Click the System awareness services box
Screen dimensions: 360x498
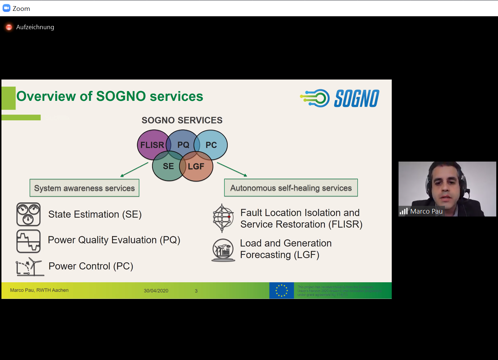pyautogui.click(x=84, y=188)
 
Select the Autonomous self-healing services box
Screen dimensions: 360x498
pyautogui.click(x=291, y=188)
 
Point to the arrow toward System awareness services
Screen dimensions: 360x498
pyautogui.click(x=134, y=170)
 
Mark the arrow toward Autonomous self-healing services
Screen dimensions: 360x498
pyautogui.click(x=232, y=170)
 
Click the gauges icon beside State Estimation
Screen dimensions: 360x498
pyautogui.click(x=28, y=214)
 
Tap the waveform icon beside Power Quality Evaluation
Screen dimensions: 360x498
pyautogui.click(x=28, y=241)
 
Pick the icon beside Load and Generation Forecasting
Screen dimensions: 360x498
pyautogui.click(x=223, y=250)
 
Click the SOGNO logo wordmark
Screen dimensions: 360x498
pyautogui.click(x=356, y=98)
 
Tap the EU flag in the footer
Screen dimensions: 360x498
pyautogui.click(x=282, y=291)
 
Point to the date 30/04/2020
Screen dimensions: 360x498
pyautogui.click(x=156, y=291)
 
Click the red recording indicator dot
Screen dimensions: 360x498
pyautogui.click(x=9, y=27)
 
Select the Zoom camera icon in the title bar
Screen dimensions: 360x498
pyautogui.click(x=7, y=8)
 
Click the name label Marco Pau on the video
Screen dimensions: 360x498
pyautogui.click(x=426, y=211)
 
